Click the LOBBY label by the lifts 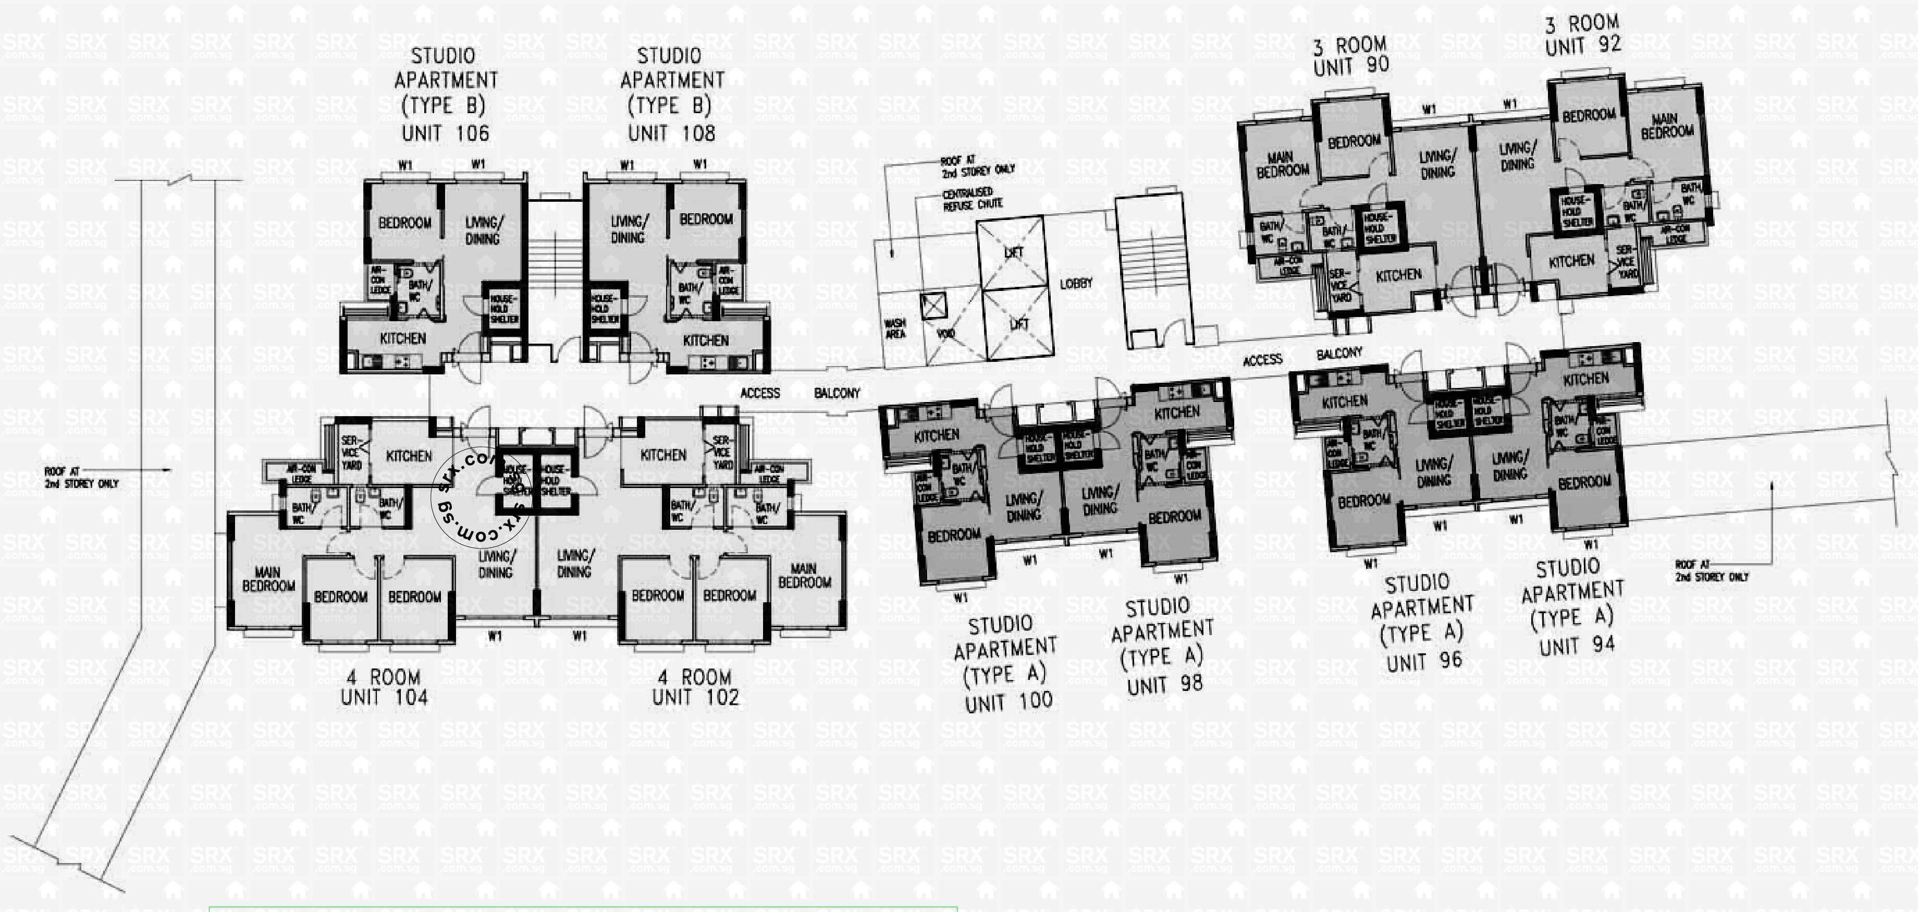tap(1076, 284)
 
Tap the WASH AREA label tap(895, 329)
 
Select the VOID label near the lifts tap(945, 333)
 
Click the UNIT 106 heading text tap(445, 134)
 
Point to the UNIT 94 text tap(1577, 645)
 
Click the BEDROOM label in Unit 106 tap(404, 223)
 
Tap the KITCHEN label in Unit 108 tap(705, 341)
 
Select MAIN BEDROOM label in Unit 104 tap(268, 579)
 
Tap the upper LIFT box tap(1013, 252)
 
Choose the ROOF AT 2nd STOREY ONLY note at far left tap(81, 478)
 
